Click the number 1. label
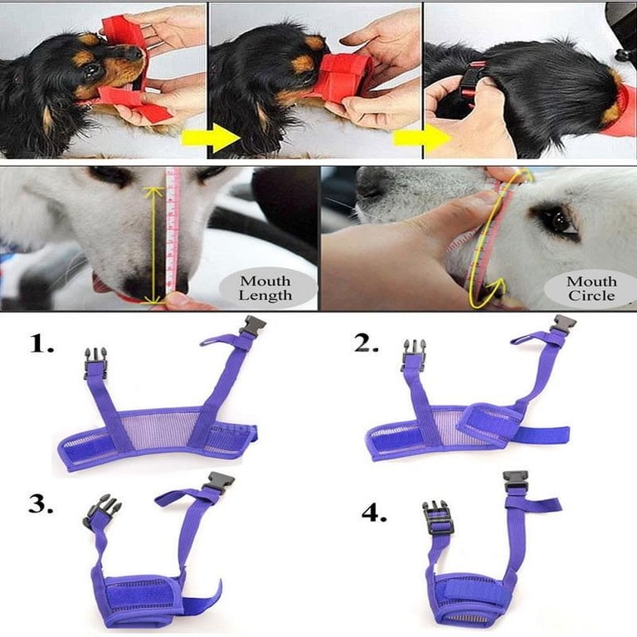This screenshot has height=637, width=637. (x=41, y=344)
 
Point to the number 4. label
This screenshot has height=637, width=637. (x=374, y=513)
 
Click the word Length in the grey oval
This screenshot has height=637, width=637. (x=265, y=295)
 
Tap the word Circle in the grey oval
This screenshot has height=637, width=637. (x=591, y=295)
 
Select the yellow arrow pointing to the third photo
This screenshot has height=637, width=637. (x=421, y=139)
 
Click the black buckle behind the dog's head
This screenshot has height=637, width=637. (x=470, y=83)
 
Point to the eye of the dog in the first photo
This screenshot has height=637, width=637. (x=92, y=70)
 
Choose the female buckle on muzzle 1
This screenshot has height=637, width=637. (x=252, y=326)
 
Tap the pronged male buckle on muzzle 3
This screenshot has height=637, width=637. (x=101, y=508)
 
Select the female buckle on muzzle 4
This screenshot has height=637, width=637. (x=516, y=480)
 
